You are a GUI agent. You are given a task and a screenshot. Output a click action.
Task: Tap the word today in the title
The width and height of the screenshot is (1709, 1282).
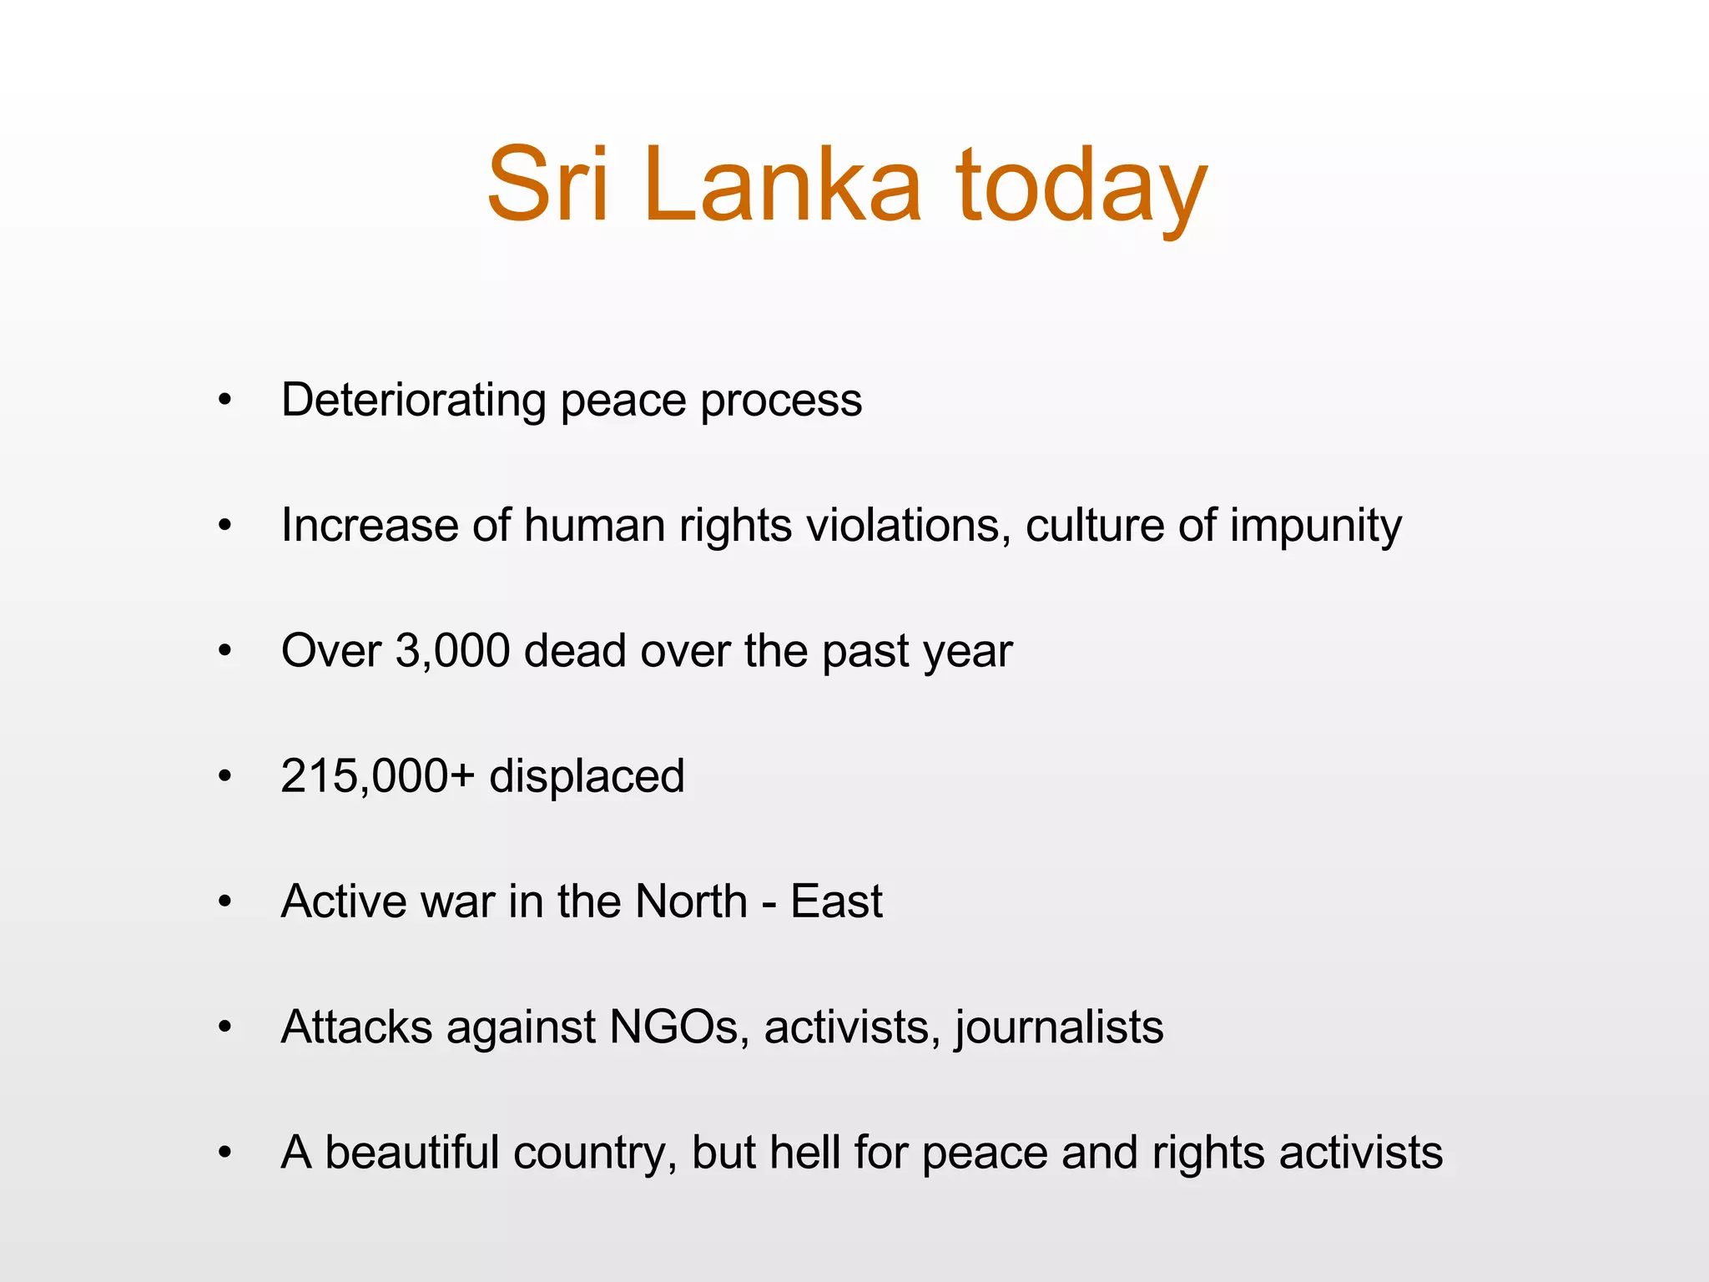[1081, 188]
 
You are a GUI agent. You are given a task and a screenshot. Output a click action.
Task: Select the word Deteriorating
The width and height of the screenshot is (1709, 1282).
[414, 400]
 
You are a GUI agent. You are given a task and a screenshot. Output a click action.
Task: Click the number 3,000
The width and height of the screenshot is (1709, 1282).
[452, 651]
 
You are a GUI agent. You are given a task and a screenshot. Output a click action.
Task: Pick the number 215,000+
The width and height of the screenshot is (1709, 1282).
[377, 776]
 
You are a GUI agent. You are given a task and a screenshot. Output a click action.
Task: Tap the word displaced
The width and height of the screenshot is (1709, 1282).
[587, 778]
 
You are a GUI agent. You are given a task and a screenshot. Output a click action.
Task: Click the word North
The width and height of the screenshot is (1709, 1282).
[691, 901]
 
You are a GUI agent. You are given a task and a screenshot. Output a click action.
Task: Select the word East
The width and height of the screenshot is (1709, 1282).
[836, 901]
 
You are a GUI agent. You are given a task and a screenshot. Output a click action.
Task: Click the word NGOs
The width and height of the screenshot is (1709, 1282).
[674, 1027]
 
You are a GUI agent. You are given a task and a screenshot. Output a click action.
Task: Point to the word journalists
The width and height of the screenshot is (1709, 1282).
[1060, 1028]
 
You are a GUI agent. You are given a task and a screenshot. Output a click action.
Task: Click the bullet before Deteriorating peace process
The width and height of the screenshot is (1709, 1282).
[224, 401]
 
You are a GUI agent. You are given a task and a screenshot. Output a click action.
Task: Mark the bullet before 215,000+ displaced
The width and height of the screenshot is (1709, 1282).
[224, 777]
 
